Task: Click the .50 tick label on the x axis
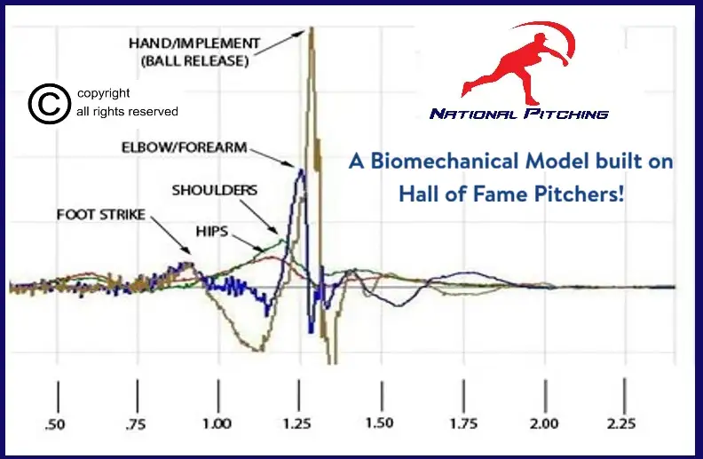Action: point(55,424)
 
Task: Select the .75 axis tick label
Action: point(135,424)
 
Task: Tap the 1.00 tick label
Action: point(217,424)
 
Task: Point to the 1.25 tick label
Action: point(298,424)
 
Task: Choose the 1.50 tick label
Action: point(379,424)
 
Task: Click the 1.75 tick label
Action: point(461,424)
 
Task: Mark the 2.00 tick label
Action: point(543,424)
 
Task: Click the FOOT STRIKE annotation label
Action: point(100,215)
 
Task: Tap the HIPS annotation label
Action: point(212,230)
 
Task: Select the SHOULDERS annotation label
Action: point(214,190)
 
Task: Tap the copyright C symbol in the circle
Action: point(49,103)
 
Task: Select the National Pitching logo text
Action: point(519,114)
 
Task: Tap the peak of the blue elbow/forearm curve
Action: point(301,170)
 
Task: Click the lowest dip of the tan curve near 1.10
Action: point(258,350)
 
